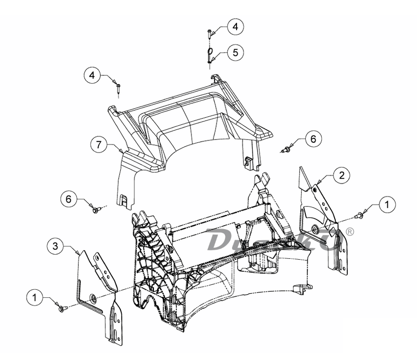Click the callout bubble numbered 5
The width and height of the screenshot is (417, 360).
tap(235, 52)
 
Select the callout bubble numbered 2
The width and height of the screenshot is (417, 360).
tap(341, 175)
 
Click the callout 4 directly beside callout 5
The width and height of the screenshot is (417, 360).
tap(235, 27)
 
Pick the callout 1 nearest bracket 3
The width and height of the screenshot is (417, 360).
tap(35, 297)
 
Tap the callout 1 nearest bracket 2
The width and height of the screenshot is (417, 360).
tap(386, 205)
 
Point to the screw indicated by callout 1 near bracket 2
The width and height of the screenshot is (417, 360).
tap(359, 216)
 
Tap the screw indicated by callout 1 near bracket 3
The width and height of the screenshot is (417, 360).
tap(62, 309)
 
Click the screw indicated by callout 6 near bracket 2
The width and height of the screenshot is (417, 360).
tap(287, 149)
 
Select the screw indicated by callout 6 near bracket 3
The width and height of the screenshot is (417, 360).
tap(96, 210)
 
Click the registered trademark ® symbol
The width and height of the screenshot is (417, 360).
tap(350, 232)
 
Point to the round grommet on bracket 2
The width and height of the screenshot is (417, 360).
tap(314, 230)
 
